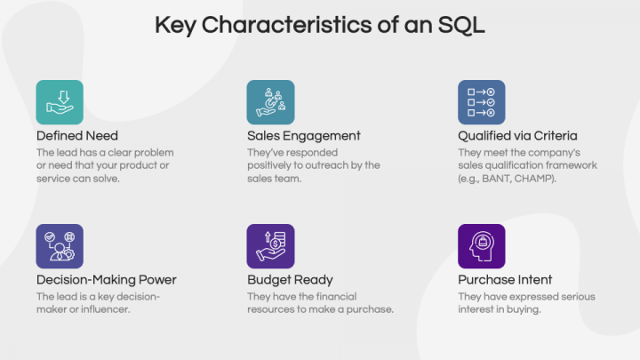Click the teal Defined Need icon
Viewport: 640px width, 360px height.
[x=60, y=102]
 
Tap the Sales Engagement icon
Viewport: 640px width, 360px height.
[x=270, y=102]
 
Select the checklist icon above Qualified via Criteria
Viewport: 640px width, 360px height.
[x=481, y=102]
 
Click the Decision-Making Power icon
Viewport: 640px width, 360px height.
[x=60, y=246]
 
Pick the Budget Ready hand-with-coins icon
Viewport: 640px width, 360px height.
[x=270, y=246]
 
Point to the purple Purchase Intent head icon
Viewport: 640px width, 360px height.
[x=481, y=246]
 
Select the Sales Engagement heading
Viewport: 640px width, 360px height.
[x=303, y=136]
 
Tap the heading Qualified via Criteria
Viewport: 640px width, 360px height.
[x=517, y=136]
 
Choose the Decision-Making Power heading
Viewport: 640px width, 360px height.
[x=106, y=280]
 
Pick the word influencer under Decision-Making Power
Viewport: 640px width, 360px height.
[x=109, y=309]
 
